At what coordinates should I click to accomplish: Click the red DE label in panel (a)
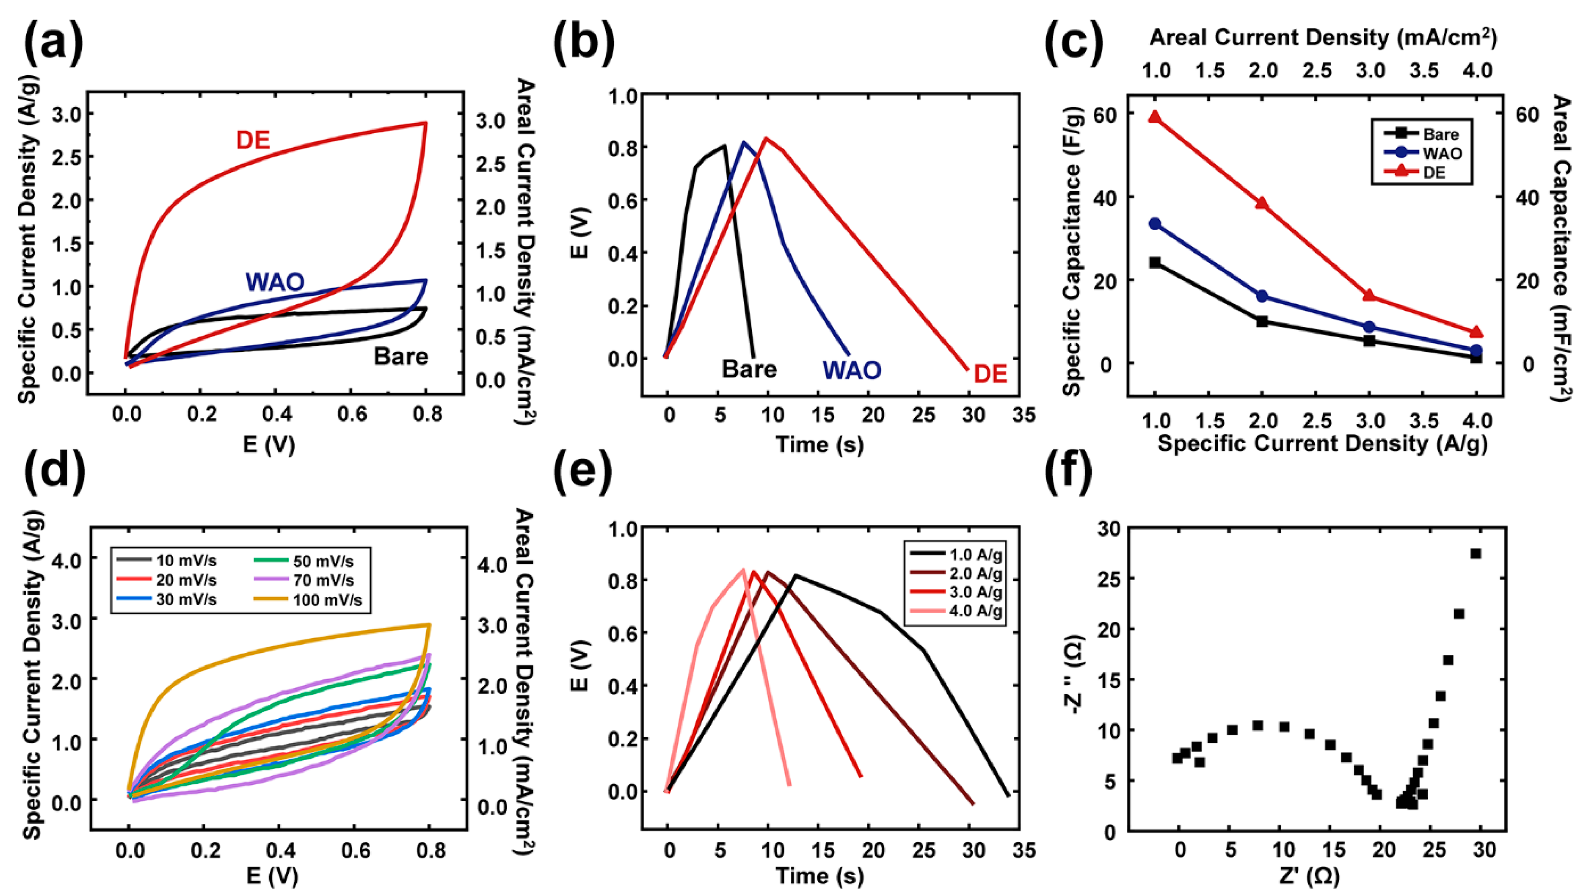click(253, 141)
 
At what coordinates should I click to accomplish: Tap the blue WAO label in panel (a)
click(275, 282)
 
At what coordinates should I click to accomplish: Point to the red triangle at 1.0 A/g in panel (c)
click(1155, 118)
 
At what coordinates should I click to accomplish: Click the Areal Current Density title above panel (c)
click(1323, 38)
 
